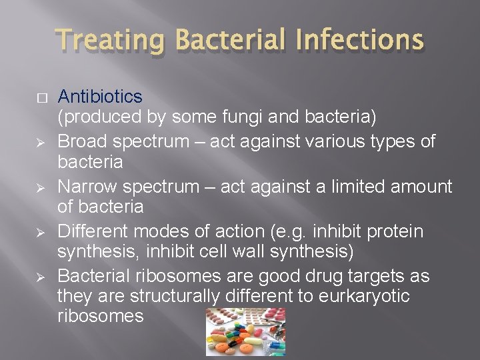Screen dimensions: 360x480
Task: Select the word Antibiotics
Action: [100, 97]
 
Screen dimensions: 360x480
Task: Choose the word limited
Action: [359, 186]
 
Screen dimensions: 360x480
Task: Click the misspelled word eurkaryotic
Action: [361, 296]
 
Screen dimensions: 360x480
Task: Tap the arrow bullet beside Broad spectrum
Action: [42, 142]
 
